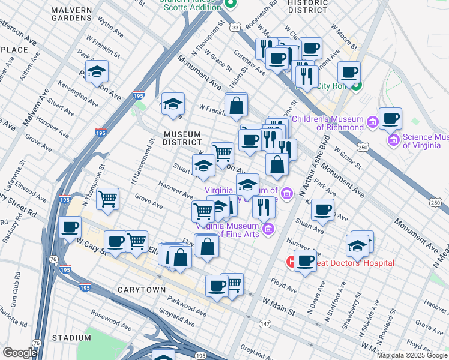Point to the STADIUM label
[x=71, y=338]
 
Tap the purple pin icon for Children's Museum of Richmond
[x=372, y=122]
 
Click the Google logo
[x=20, y=353]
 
